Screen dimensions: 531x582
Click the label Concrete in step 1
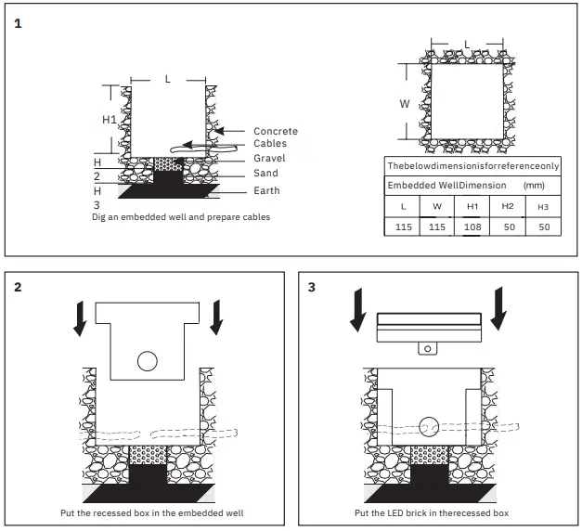[276, 132]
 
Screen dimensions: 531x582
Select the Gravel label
[269, 159]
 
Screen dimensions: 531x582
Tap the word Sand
[265, 174]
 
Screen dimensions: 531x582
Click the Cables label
[270, 144]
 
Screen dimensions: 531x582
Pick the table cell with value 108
[472, 227]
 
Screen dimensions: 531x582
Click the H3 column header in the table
[543, 205]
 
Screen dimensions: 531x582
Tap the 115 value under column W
[436, 227]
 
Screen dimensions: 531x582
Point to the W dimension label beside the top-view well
[404, 104]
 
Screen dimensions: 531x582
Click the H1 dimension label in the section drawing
[109, 120]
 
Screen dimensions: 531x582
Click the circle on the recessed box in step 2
[147, 361]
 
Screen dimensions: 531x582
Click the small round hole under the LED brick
[427, 349]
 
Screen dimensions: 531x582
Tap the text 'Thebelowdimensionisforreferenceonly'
[472, 166]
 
